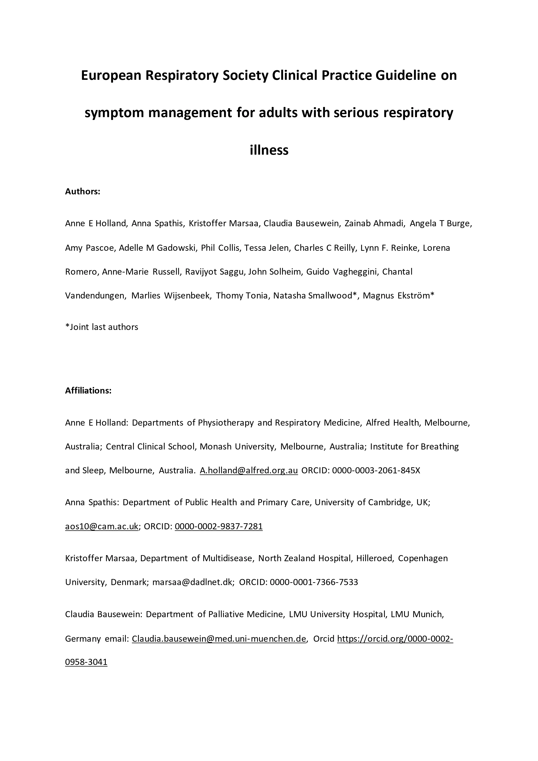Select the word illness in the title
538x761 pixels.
269,150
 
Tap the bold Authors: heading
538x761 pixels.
82,192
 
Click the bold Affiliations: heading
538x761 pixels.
88,390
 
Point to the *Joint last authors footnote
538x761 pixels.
102,327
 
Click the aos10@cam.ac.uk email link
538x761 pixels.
102,526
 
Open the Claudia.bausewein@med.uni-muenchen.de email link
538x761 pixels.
219,639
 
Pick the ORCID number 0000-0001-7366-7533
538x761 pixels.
314,582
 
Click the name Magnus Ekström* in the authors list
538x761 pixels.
399,295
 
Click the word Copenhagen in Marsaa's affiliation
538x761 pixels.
423,558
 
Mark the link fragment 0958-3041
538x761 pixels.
86,662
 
